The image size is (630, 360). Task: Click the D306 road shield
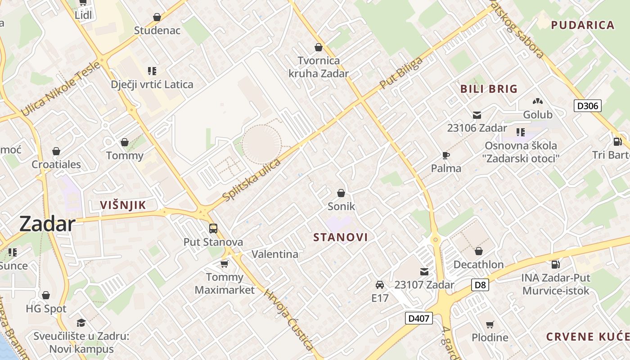point(588,106)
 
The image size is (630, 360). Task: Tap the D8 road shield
point(481,285)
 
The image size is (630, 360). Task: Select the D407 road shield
point(418,319)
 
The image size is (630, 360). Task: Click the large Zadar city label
point(47,224)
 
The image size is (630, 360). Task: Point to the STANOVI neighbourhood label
point(341,237)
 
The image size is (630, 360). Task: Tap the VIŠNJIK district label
point(123,205)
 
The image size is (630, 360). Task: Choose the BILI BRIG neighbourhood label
point(489,89)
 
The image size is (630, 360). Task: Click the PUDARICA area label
point(583,25)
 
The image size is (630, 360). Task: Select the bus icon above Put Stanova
point(213,229)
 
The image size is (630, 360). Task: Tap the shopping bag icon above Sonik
point(341,193)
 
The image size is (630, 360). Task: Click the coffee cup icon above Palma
point(446,155)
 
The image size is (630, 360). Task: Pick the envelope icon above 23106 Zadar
point(477,115)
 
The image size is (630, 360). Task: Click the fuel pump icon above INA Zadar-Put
point(556,265)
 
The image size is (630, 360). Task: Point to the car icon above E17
point(380,284)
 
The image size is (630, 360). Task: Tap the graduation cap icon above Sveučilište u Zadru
point(81,323)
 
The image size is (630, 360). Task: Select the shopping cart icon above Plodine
point(490,324)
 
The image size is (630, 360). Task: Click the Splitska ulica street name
point(252,180)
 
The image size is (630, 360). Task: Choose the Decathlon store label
point(478,264)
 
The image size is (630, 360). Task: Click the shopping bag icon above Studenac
point(157,17)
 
